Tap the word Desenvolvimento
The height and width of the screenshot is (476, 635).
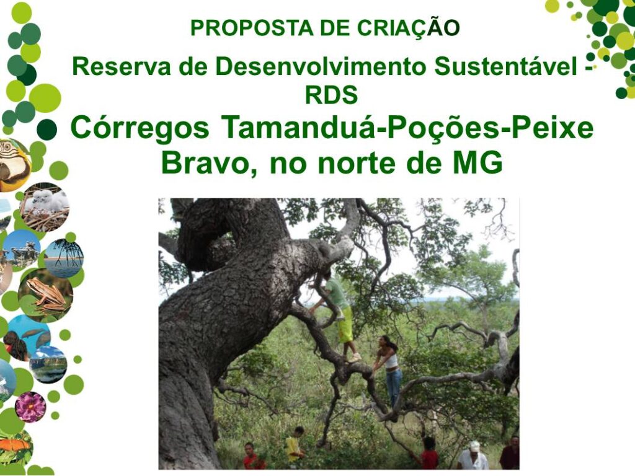point(321,66)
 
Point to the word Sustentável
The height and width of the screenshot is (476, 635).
point(505,66)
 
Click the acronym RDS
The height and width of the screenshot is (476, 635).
point(331,95)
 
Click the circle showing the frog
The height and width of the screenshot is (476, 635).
point(45,295)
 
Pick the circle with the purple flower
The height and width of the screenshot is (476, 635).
point(30,407)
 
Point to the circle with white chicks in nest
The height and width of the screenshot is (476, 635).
point(45,207)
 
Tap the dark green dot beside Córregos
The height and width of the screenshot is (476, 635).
point(47,130)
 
